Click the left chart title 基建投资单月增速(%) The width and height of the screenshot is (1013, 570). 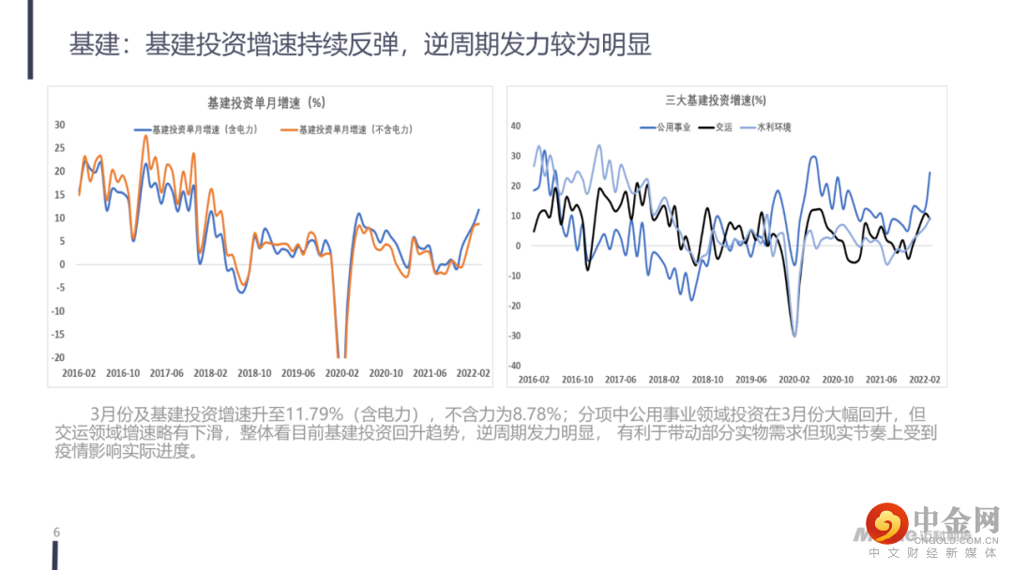point(265,103)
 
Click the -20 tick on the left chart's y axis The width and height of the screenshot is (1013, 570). point(58,358)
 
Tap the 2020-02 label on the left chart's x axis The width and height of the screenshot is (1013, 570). point(342,373)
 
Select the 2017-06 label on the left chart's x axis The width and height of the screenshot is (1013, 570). point(166,373)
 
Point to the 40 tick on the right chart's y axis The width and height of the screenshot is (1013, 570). point(515,126)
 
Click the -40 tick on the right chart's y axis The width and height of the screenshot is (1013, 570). point(513,366)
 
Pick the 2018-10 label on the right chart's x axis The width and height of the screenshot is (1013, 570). point(707,380)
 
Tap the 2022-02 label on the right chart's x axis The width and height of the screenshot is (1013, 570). point(924,380)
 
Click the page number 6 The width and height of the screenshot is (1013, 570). point(56,532)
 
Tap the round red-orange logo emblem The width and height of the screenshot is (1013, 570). point(887,523)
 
